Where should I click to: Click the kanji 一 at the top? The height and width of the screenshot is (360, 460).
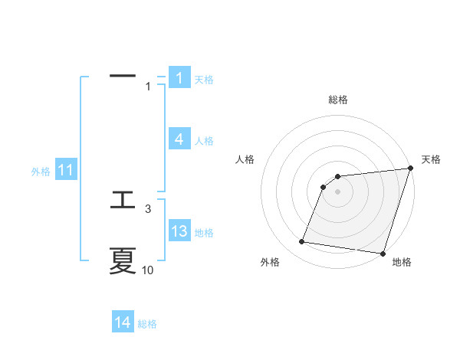pyautogui.click(x=123, y=76)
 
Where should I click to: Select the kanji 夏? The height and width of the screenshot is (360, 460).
pyautogui.click(x=123, y=261)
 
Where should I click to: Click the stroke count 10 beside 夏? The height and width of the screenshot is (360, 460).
pyautogui.click(x=148, y=270)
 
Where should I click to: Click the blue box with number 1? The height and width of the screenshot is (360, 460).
pyautogui.click(x=179, y=78)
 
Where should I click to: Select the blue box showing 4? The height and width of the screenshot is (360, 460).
pyautogui.click(x=179, y=139)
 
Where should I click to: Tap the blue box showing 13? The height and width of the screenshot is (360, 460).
pyautogui.click(x=179, y=231)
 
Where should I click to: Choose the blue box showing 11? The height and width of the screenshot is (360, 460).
pyautogui.click(x=65, y=170)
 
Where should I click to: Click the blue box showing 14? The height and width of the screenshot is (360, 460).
pyautogui.click(x=123, y=322)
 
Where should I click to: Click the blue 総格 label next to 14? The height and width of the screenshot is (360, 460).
pyautogui.click(x=147, y=324)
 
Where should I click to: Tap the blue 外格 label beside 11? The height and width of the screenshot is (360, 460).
pyautogui.click(x=41, y=172)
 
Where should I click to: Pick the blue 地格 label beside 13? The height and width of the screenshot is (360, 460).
pyautogui.click(x=204, y=233)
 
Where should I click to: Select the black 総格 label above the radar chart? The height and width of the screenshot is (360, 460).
pyautogui.click(x=338, y=100)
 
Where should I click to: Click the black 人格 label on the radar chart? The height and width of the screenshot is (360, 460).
pyautogui.click(x=245, y=159)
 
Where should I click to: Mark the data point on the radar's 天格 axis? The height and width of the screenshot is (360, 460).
pyautogui.click(x=411, y=169)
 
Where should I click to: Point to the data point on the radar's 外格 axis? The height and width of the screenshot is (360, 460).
pyautogui.click(x=301, y=242)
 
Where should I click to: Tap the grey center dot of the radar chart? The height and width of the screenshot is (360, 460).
pyautogui.click(x=338, y=191)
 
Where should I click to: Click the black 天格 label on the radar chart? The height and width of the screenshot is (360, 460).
pyautogui.click(x=431, y=159)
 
